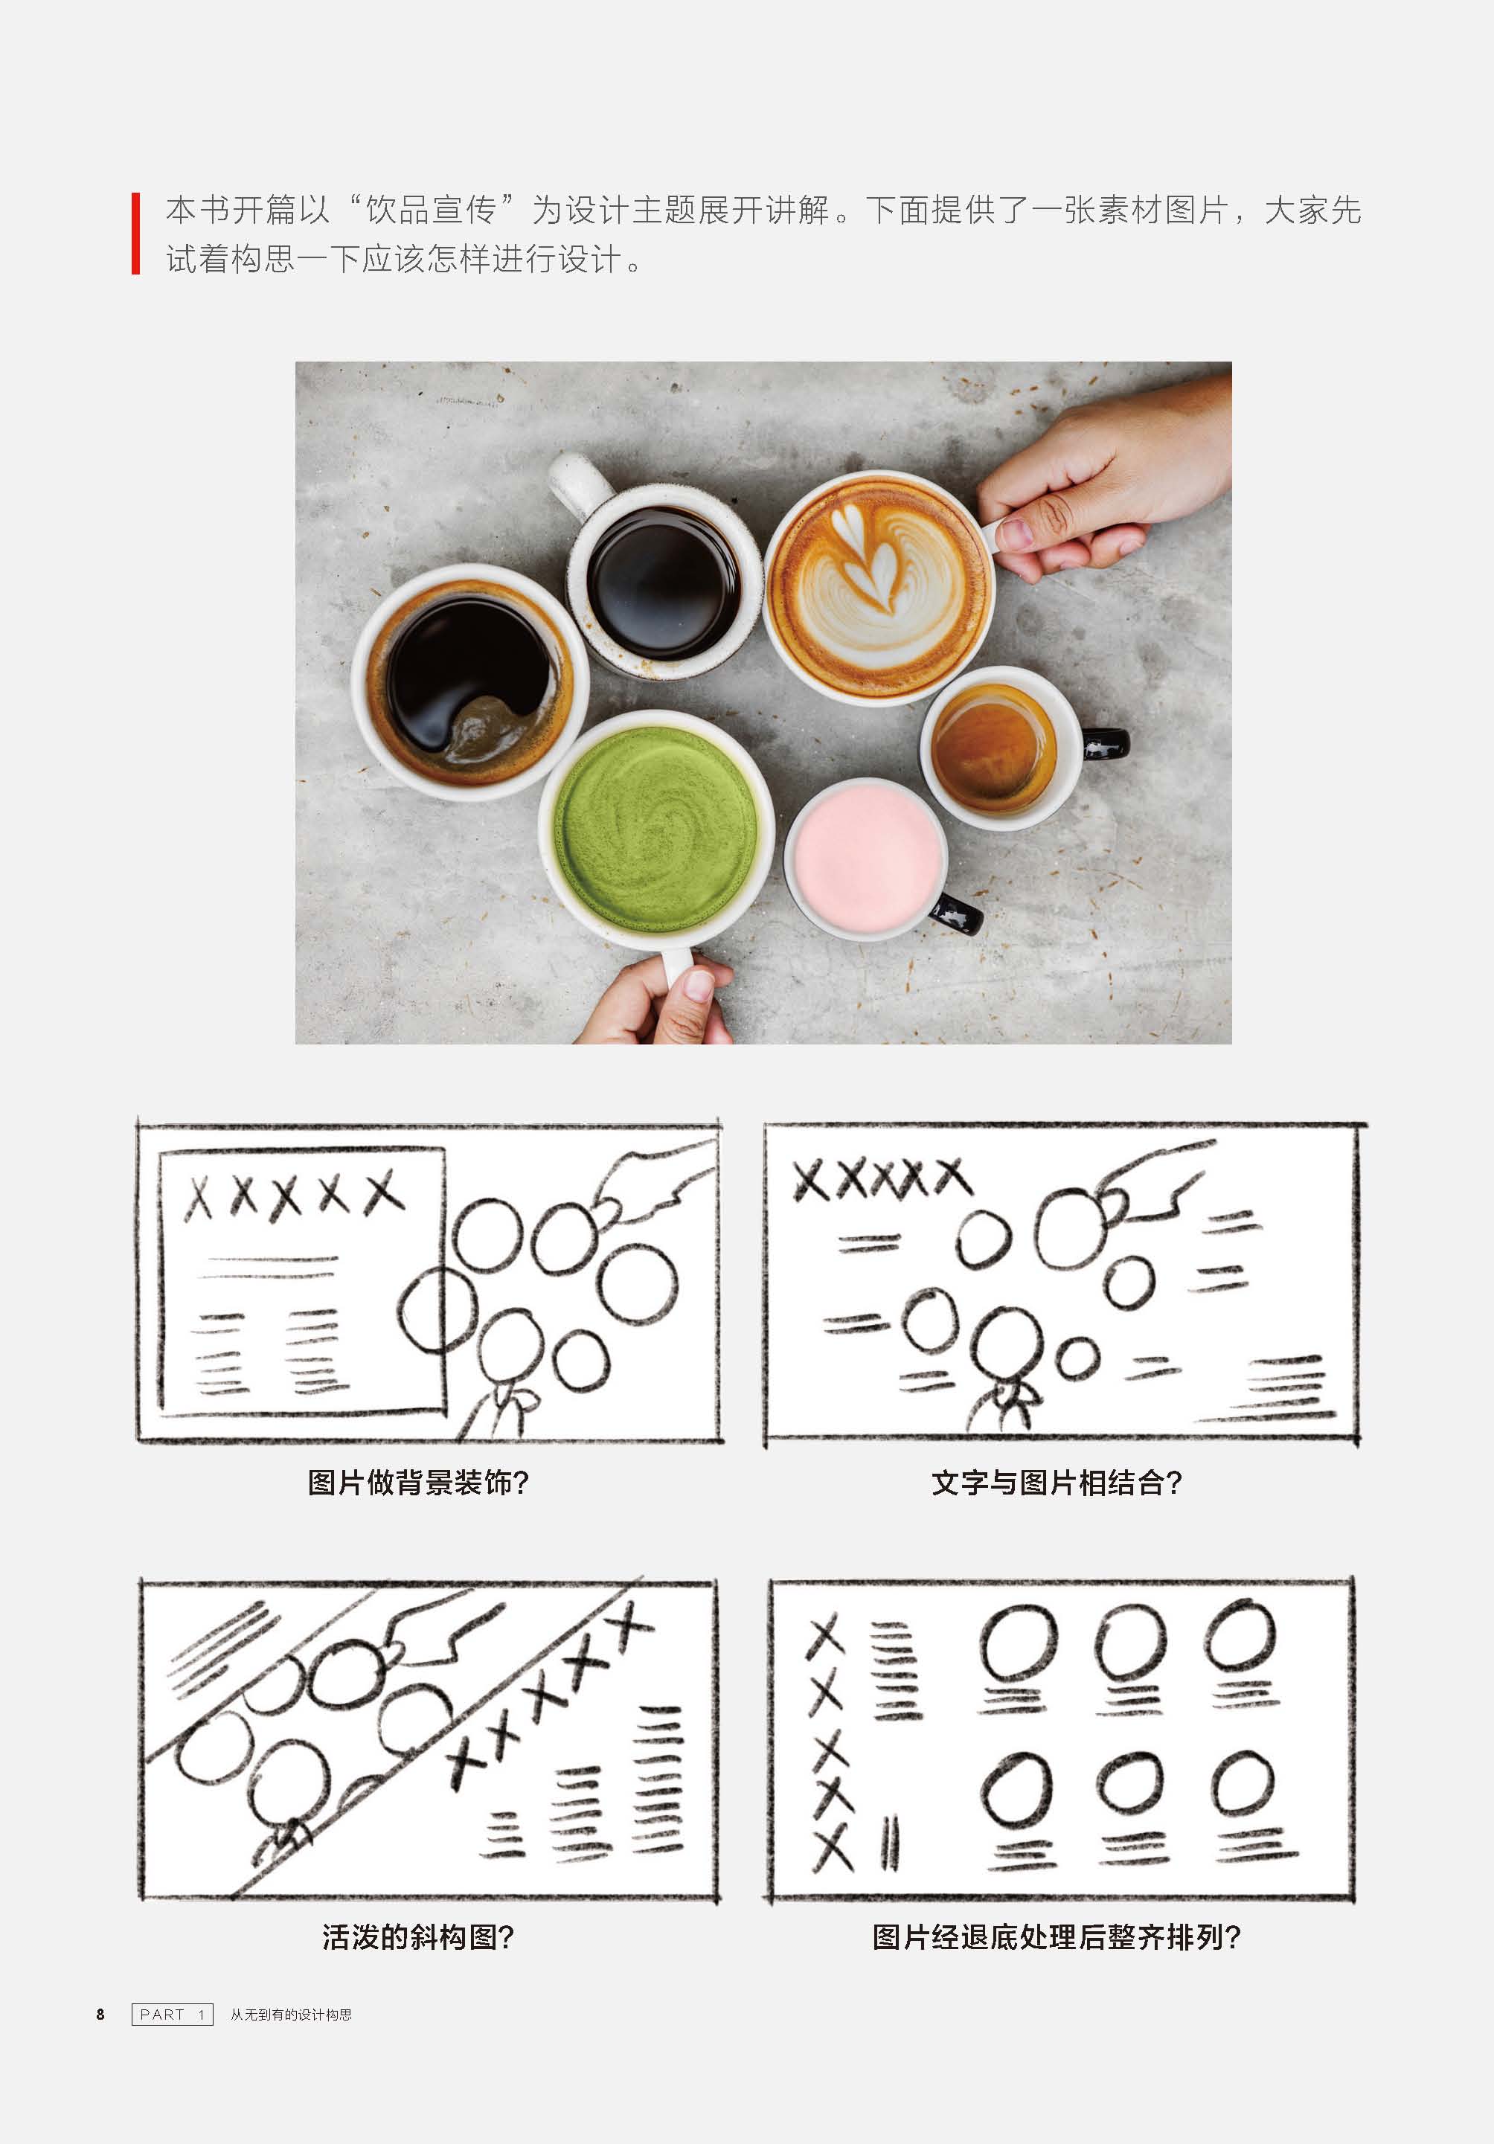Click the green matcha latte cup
[656, 830]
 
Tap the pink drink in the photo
[865, 856]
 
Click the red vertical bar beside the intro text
[136, 234]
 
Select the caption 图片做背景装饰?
[418, 1482]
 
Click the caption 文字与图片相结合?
[1056, 1482]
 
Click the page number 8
[101, 2015]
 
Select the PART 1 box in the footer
[173, 2015]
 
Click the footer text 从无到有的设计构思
[292, 2015]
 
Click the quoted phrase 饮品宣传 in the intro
[431, 210]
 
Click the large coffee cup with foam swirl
[469, 681]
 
